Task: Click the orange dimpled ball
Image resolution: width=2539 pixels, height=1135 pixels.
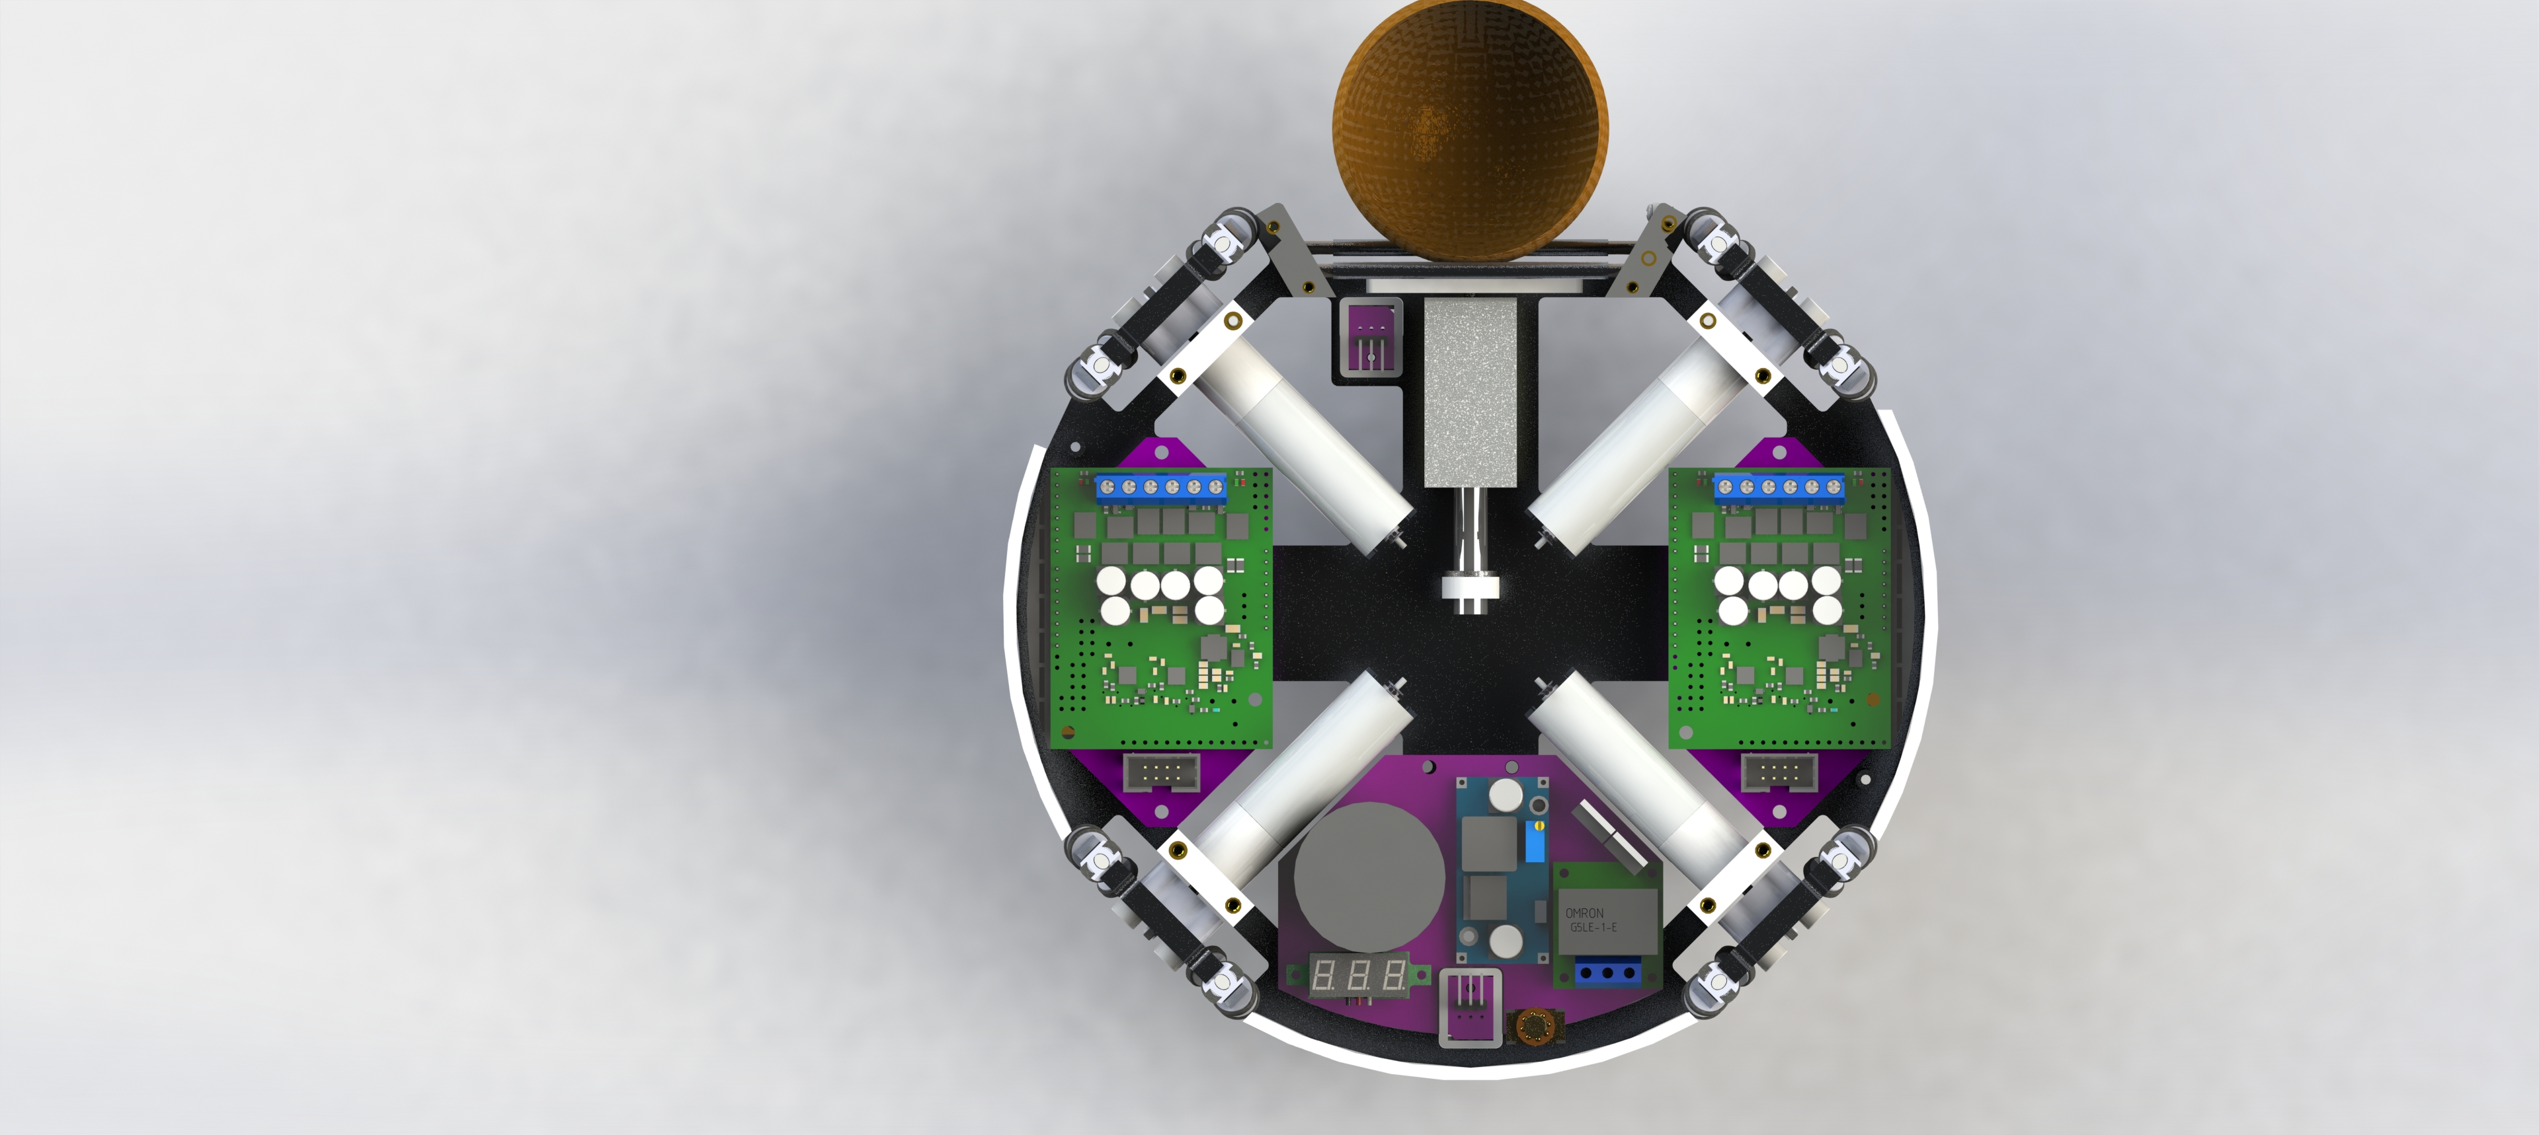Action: [x=1470, y=129]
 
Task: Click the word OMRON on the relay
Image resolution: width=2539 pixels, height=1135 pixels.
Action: [x=1584, y=912]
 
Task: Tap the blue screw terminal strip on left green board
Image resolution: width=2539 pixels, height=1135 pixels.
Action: [x=1161, y=487]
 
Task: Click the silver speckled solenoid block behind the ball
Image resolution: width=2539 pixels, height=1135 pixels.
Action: [x=1470, y=392]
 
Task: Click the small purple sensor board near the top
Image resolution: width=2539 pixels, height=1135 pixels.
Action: [x=1370, y=335]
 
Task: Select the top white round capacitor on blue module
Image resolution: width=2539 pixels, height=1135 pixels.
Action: [x=1506, y=792]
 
